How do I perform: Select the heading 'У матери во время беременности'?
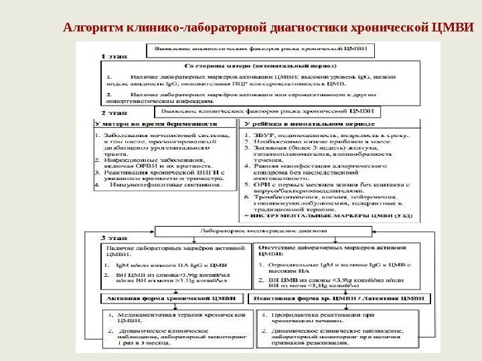pyautogui.click(x=157, y=124)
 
